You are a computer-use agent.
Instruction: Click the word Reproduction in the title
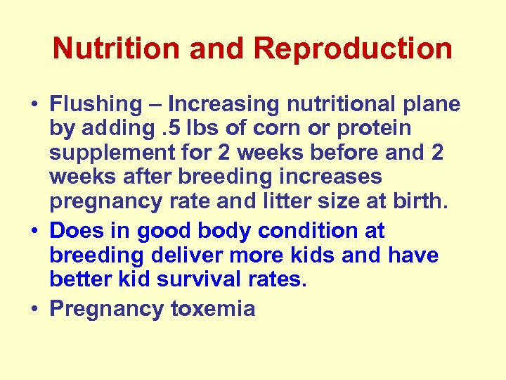coord(353,49)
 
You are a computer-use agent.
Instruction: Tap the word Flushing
coord(96,105)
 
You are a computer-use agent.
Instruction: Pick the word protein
coord(379,129)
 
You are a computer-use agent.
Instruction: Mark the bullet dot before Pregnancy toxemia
coord(34,310)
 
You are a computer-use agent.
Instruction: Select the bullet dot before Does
coord(34,232)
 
